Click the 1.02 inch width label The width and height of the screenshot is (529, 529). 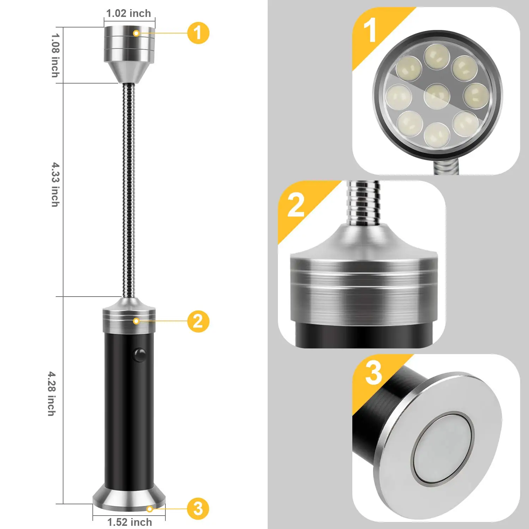(129, 13)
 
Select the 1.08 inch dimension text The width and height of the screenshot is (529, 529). (55, 55)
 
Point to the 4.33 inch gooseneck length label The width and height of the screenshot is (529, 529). (55, 184)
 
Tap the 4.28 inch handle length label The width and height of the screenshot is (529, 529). (52, 394)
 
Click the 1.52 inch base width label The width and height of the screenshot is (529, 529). (129, 522)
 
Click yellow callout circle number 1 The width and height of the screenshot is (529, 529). (198, 33)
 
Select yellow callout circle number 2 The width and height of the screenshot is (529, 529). (198, 321)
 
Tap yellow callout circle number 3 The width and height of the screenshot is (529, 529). (198, 509)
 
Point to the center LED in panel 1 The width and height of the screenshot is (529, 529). (437, 96)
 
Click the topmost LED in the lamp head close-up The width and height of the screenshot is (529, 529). (437, 56)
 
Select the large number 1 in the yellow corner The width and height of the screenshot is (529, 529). (370, 31)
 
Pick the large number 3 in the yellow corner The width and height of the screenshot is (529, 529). (373, 373)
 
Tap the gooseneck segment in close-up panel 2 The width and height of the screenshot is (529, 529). (363, 203)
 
